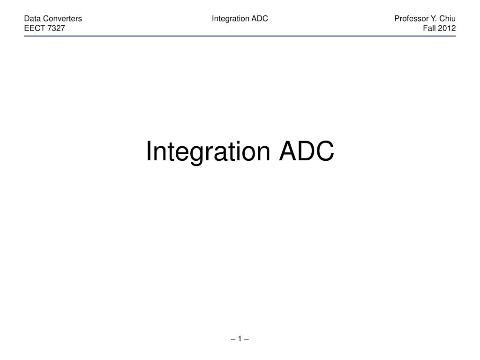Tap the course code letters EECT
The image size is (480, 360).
pyautogui.click(x=34, y=28)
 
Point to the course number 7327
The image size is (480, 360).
pyautogui.click(x=56, y=28)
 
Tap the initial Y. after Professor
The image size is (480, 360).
pyautogui.click(x=434, y=19)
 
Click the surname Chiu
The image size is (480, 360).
pyautogui.click(x=448, y=19)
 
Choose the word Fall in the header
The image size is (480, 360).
pyautogui.click(x=429, y=28)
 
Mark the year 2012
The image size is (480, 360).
pyautogui.click(x=447, y=28)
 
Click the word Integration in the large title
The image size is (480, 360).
pyautogui.click(x=208, y=152)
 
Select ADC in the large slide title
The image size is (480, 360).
pyautogui.click(x=307, y=152)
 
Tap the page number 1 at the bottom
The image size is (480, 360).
pyautogui.click(x=240, y=339)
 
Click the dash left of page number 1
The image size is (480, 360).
pyautogui.click(x=233, y=339)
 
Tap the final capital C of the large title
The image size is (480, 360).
pyautogui.click(x=325, y=152)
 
